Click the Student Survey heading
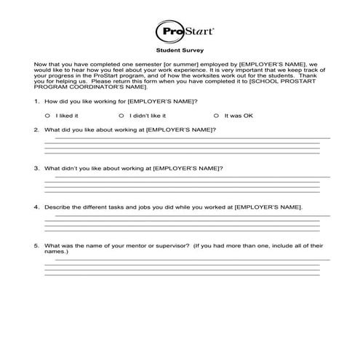pyautogui.click(x=178, y=52)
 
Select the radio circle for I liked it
pyautogui.click(x=47, y=116)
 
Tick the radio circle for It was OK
pyautogui.click(x=216, y=116)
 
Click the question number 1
pyautogui.click(x=36, y=100)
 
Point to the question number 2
pyautogui.click(x=36, y=129)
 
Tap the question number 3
pyautogui.click(x=36, y=168)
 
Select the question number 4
pyautogui.click(x=36, y=207)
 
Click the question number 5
pyautogui.click(x=36, y=246)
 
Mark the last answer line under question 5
pyautogui.click(x=182, y=275)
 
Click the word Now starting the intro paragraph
pyautogui.click(x=41, y=65)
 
